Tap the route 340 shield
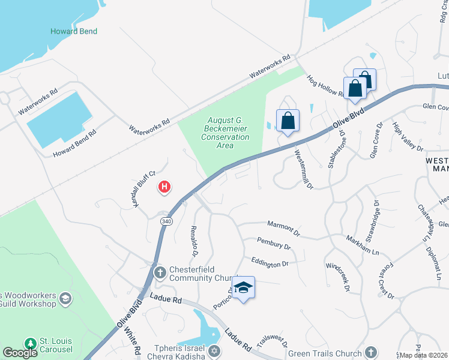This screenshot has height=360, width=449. (x=166, y=221)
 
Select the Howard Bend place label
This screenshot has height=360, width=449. (x=74, y=31)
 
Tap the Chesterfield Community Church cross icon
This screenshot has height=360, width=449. (x=160, y=273)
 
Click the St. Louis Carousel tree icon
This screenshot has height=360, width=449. (x=31, y=344)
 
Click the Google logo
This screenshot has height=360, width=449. (x=20, y=353)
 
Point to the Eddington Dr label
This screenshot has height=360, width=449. (x=270, y=262)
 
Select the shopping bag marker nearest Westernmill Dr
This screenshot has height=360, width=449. (x=288, y=121)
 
